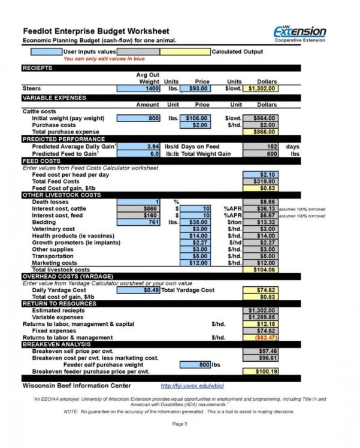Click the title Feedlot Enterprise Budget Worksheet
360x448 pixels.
96,31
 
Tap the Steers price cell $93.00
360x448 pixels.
195,89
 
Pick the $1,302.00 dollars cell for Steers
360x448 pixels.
261,89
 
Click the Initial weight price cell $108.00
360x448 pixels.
195,119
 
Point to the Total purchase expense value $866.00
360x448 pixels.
261,132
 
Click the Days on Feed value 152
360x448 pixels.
261,147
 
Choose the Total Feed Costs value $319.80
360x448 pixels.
261,181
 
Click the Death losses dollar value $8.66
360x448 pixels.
261,202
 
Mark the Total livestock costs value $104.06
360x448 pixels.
261,270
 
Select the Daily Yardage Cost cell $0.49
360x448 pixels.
138,290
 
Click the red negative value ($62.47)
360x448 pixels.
261,338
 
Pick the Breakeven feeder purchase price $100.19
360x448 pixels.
261,371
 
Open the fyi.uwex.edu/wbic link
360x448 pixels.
187,386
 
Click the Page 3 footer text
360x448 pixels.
180,424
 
